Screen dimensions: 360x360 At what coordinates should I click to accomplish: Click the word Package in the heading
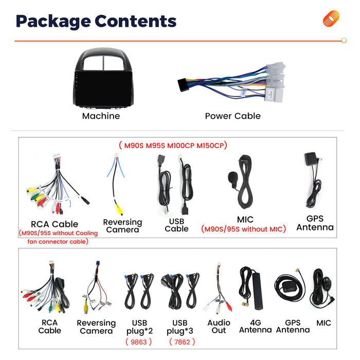53,22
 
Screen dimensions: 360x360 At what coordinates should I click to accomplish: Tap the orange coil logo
331,19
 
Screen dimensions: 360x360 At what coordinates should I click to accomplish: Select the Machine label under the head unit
101,116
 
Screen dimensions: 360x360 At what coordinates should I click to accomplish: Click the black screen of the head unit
103,89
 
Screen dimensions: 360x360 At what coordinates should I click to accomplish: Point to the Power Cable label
233,116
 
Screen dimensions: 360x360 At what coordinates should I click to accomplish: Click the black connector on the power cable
182,85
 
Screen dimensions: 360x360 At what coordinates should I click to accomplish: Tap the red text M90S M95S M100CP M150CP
173,146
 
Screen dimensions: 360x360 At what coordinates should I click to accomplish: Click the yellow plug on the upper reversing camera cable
119,209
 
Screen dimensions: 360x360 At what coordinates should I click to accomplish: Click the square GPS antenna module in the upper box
311,159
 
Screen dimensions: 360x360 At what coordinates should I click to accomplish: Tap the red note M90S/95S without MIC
244,229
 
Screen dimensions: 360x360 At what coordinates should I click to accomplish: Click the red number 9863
139,342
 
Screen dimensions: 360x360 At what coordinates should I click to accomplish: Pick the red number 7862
182,342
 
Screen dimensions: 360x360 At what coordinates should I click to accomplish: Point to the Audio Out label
219,327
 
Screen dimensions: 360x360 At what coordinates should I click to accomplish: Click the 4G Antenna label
255,326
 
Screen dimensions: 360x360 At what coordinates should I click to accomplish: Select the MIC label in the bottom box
323,323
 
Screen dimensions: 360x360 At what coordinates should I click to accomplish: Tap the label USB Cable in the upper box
176,225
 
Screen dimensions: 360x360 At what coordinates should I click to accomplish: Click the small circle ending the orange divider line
344,41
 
